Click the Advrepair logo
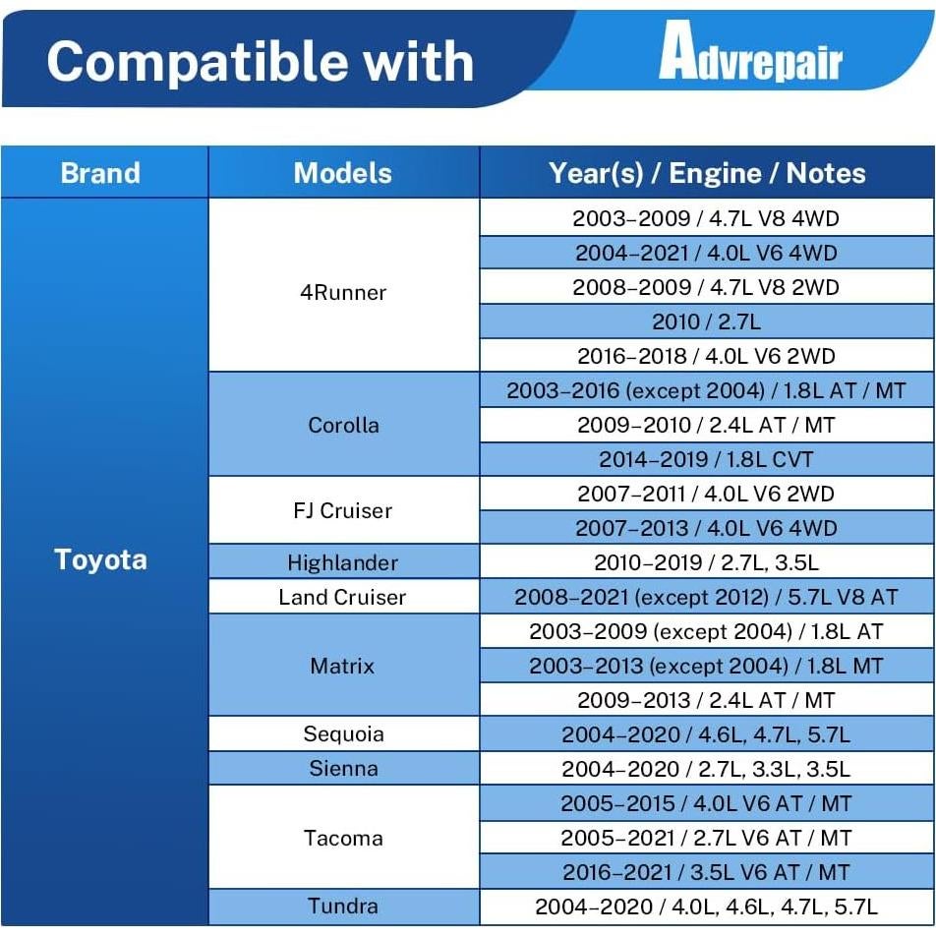[750, 51]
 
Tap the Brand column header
[100, 173]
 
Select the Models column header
[343, 173]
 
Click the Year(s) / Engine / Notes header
[707, 173]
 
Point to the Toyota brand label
[100, 560]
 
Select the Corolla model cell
[343, 425]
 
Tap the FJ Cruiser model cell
[343, 510]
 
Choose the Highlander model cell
[343, 562]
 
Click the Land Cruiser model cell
[343, 597]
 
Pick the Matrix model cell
[343, 666]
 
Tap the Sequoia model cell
[343, 733]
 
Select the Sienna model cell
[343, 768]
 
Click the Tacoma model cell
[343, 838]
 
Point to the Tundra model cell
[343, 907]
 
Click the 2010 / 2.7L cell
[707, 322]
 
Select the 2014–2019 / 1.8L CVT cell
[707, 459]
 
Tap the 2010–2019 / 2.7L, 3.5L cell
[707, 562]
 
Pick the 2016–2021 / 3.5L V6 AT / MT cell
[707, 872]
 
